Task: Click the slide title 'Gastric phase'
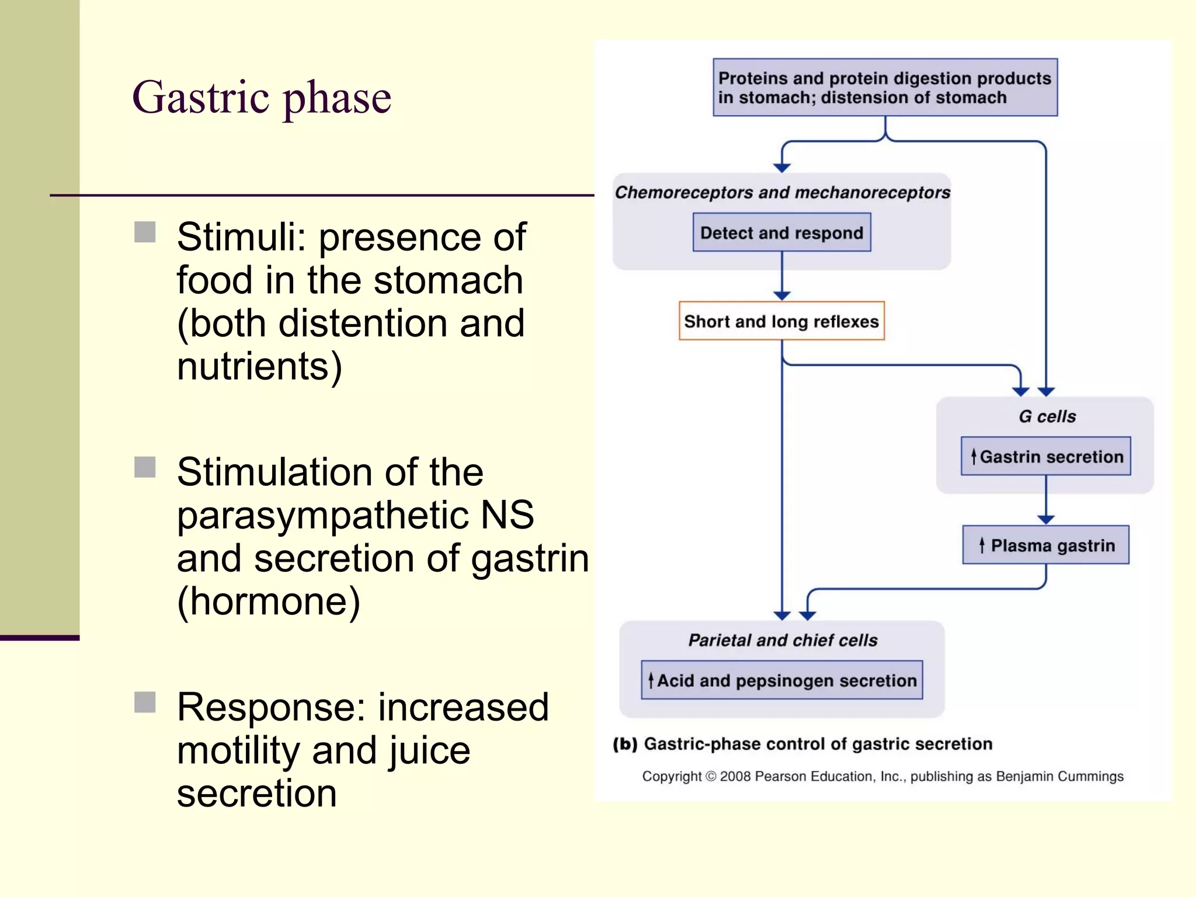(x=262, y=98)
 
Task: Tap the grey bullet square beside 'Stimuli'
(x=145, y=232)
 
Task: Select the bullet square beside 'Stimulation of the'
(x=145, y=467)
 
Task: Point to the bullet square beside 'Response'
(x=145, y=703)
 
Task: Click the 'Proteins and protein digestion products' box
(x=885, y=88)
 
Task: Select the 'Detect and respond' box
(x=781, y=232)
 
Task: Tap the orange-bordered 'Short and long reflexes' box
(x=781, y=321)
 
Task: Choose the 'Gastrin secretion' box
(x=1045, y=456)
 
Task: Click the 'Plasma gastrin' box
(x=1045, y=545)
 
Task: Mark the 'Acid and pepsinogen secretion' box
(x=781, y=680)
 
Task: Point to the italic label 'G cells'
(x=1046, y=416)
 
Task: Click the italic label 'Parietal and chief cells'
(x=783, y=640)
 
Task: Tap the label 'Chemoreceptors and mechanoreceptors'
(x=783, y=192)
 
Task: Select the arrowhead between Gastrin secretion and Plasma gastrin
(x=1046, y=519)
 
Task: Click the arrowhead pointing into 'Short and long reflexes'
(x=782, y=295)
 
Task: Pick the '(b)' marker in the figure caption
(x=625, y=744)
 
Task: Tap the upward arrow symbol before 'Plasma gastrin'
(x=982, y=545)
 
